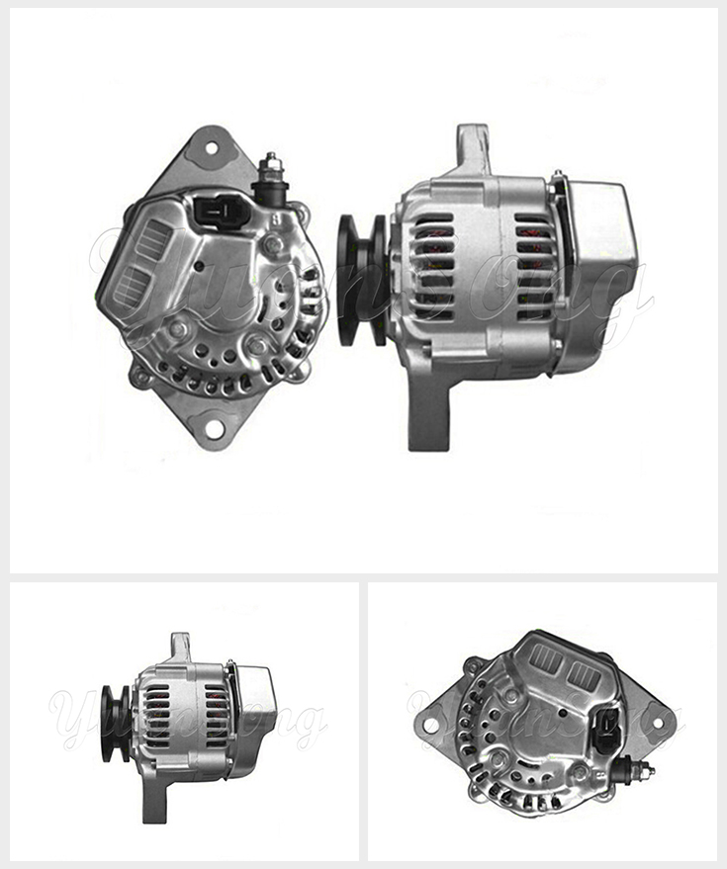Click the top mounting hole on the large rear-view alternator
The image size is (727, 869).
tap(210, 148)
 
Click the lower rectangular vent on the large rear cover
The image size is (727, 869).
tap(132, 287)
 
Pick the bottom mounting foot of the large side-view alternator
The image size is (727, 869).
tap(428, 415)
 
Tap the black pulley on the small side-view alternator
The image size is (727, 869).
tap(114, 723)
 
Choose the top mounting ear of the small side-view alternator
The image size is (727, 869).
tap(179, 646)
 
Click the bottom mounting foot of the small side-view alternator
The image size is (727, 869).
tap(154, 800)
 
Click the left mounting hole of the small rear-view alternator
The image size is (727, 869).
tap(430, 725)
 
